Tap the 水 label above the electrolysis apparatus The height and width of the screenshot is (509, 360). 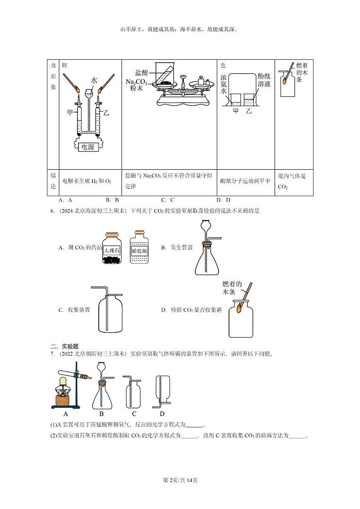point(94,80)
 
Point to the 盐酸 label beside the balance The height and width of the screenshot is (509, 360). point(141,72)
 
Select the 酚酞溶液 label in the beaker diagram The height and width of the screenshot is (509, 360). point(264,80)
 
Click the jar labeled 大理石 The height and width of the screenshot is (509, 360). point(112,248)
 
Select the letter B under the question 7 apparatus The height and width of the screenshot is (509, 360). point(102,414)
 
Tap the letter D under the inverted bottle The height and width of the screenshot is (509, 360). point(162,414)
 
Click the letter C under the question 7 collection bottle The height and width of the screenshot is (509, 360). point(134,414)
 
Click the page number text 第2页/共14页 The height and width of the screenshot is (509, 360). point(180,480)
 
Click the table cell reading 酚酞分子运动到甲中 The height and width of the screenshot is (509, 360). point(245,181)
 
